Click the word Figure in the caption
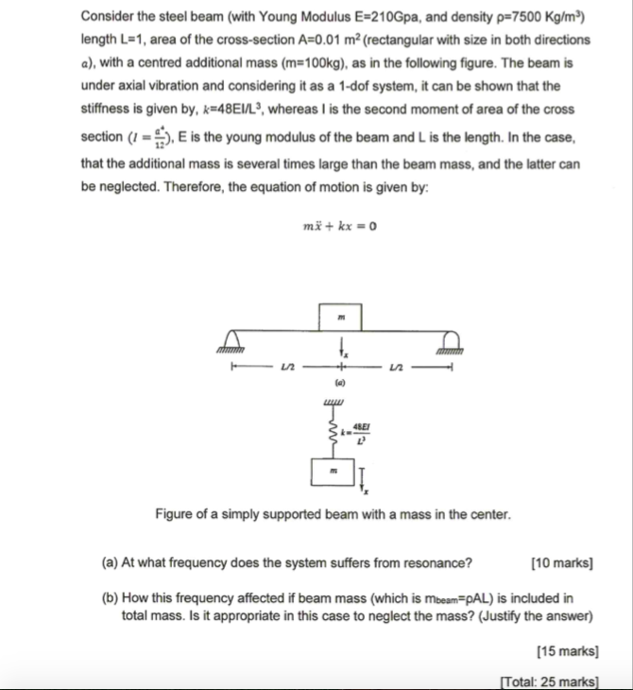coord(177,516)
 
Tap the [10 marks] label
coord(562,565)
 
